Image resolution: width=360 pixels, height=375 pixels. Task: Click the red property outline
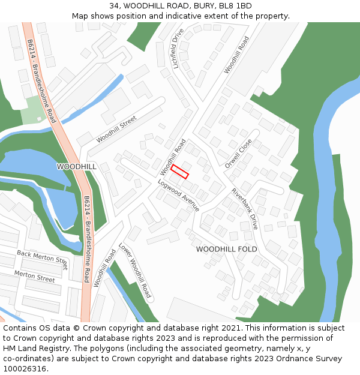click(179, 172)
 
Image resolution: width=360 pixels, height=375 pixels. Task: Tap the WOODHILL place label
click(76, 166)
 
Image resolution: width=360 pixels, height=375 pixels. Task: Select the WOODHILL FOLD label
click(227, 249)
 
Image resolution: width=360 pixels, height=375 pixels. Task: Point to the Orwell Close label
click(238, 154)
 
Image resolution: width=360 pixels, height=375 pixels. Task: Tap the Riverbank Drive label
click(245, 209)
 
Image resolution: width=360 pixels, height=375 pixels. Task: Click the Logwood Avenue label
click(178, 195)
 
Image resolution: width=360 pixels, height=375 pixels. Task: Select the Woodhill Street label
click(116, 129)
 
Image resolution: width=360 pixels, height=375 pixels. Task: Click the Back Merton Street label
click(42, 257)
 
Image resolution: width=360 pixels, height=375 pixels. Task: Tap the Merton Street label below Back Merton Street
click(34, 276)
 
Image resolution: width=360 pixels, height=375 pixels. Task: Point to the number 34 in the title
click(114, 6)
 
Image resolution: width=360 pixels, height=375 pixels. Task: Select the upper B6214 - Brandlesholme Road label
click(41, 81)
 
